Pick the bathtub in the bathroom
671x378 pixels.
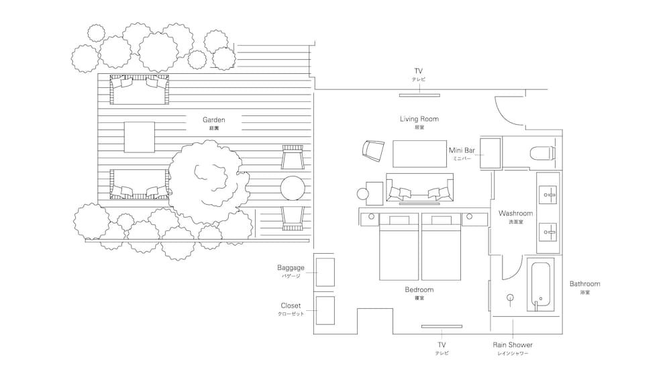tap(541, 285)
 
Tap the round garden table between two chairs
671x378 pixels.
tap(293, 187)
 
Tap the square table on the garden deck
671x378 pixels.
tap(140, 136)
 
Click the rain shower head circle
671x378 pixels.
tap(510, 295)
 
